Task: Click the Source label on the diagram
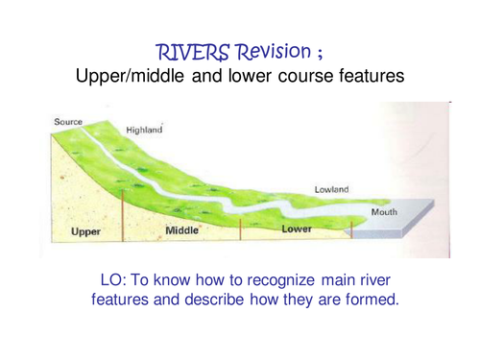click(x=69, y=121)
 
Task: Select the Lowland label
click(x=332, y=190)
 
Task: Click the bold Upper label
click(x=87, y=232)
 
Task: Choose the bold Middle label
click(x=182, y=231)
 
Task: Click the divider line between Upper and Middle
click(x=122, y=213)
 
